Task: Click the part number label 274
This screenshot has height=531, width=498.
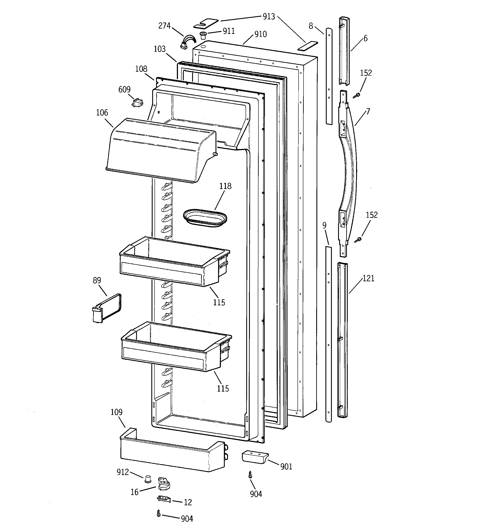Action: pos(164,26)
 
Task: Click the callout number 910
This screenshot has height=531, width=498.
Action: pos(260,34)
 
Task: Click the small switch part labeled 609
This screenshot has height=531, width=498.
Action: pos(137,103)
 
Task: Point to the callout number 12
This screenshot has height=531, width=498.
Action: pos(188,502)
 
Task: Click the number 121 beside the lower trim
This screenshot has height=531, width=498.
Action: pos(368,279)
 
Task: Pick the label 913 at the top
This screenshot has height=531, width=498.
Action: pos(269,17)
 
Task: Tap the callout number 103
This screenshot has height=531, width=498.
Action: pos(159,49)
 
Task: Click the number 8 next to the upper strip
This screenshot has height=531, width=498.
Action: pos(311,26)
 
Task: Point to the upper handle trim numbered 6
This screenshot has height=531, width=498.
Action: pos(344,51)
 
